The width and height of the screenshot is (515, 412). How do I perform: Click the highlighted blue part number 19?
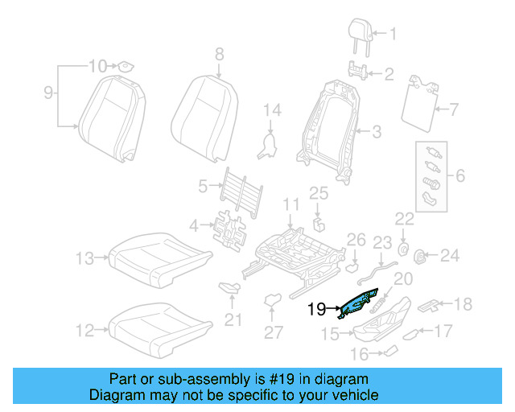coord(359,307)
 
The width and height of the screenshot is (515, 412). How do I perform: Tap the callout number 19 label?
coord(316,307)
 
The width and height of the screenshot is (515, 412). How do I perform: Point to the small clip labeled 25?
coord(319,222)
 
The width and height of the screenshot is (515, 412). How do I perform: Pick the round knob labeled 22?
coord(404,246)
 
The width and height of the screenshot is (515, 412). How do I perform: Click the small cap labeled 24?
coord(419,256)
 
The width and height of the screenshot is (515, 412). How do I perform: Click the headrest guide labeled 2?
coord(358,68)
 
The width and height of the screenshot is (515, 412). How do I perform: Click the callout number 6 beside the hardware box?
coord(460,175)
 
